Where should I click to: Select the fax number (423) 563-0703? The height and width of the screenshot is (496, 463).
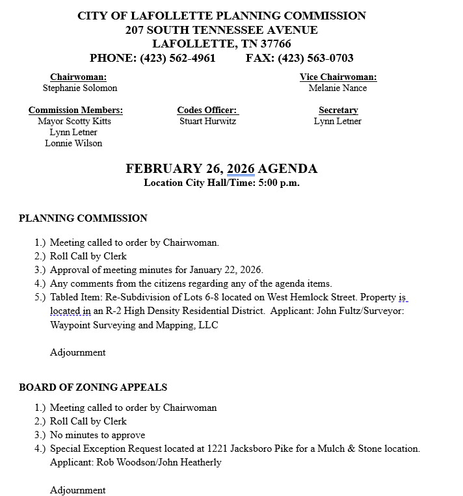(x=316, y=59)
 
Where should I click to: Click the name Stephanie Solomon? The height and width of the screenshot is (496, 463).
(x=80, y=88)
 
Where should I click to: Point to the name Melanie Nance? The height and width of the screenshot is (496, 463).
(x=337, y=88)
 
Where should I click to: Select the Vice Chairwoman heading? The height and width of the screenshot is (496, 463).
(x=337, y=77)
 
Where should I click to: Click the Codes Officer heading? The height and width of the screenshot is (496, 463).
(x=207, y=110)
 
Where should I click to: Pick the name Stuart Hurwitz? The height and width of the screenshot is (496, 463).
(x=207, y=121)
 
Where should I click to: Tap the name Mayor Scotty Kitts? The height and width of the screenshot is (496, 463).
(x=74, y=121)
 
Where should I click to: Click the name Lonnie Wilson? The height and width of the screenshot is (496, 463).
(x=73, y=143)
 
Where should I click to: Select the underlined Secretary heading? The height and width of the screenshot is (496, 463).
(x=338, y=110)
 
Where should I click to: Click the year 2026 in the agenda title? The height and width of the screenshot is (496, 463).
(x=241, y=169)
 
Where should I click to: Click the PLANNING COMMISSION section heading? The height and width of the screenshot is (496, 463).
(x=83, y=218)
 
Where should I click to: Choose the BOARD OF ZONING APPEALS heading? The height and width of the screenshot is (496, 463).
(x=93, y=387)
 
